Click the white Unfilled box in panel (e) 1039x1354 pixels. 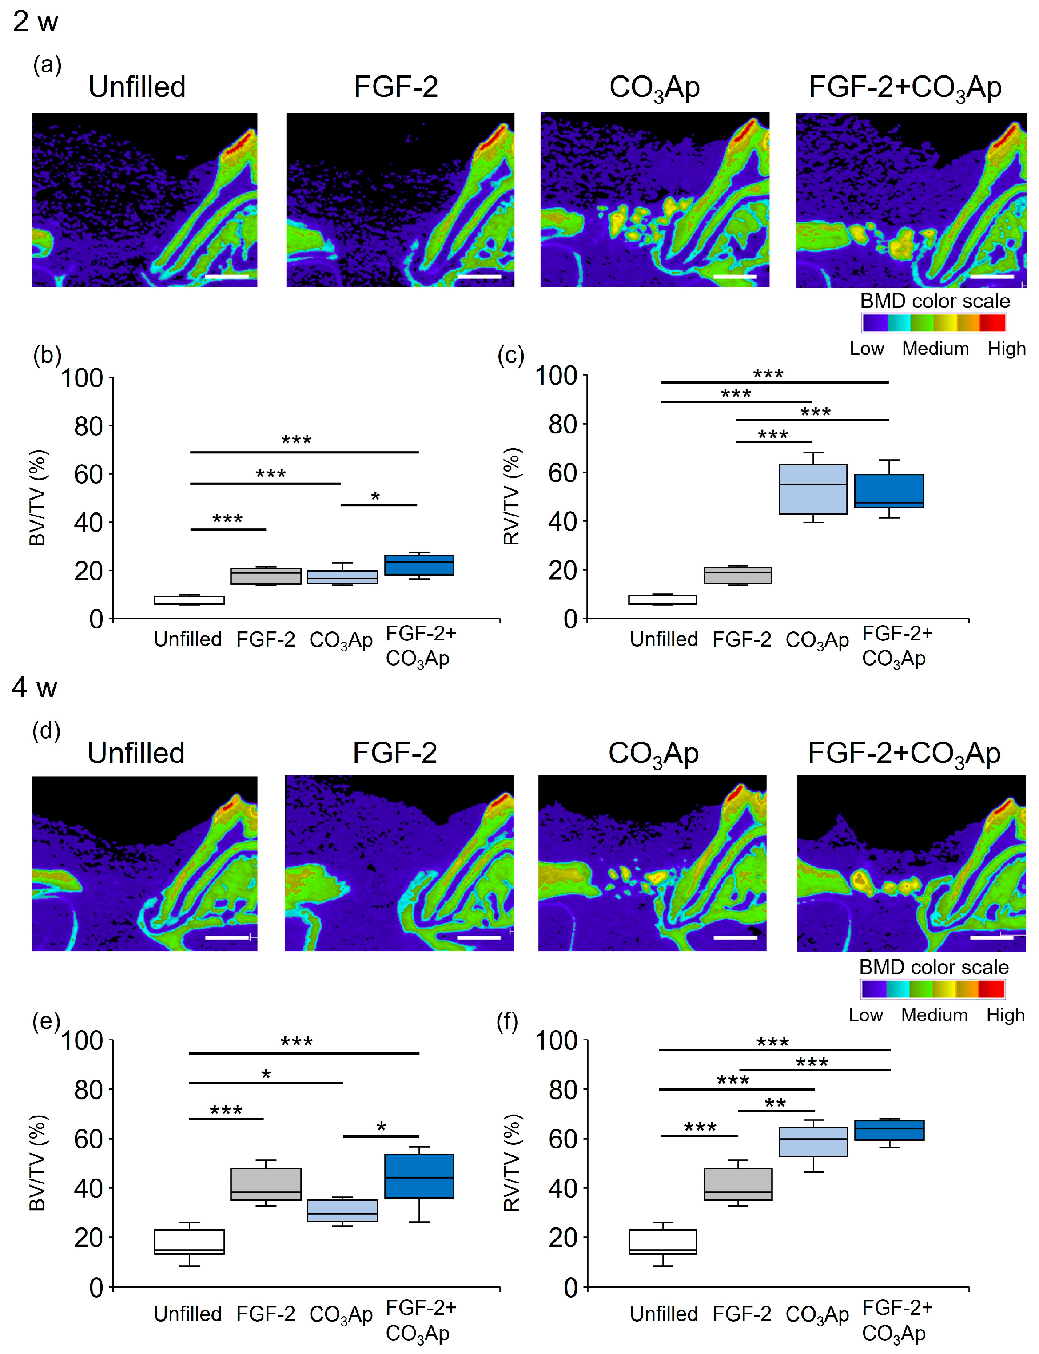coord(189,1242)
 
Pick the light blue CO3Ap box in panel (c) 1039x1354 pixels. coord(812,489)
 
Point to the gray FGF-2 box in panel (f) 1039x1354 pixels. coord(738,1185)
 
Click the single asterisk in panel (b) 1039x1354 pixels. coord(375,496)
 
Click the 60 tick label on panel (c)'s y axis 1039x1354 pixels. coord(562,473)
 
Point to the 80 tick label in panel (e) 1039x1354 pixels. coord(88,1090)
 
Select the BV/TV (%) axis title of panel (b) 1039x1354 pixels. coord(38,498)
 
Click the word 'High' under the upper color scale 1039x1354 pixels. coord(1006,349)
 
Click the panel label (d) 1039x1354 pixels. coord(46,731)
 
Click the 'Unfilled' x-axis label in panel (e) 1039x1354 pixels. coord(187,1314)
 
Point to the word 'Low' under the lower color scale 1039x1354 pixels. coord(865,1015)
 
